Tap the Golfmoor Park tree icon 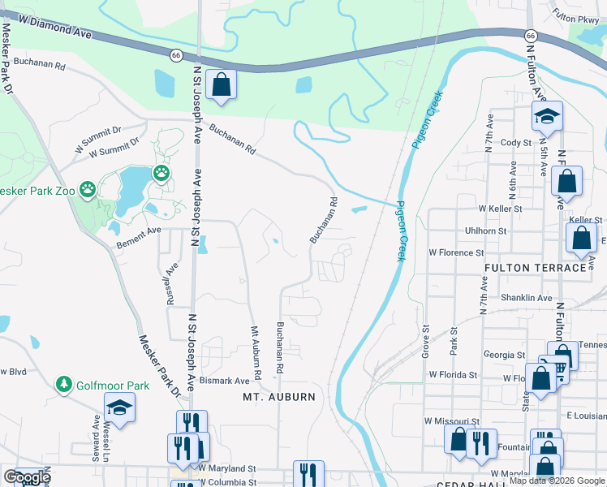(x=64, y=383)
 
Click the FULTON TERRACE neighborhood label (x=534, y=267)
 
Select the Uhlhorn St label (x=484, y=231)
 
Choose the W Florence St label (x=456, y=252)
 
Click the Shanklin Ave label (x=526, y=298)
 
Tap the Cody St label (x=515, y=142)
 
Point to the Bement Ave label (x=139, y=231)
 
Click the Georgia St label (x=504, y=355)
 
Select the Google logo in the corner (x=27, y=477)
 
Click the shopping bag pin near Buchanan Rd (x=221, y=84)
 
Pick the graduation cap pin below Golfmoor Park (x=119, y=407)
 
